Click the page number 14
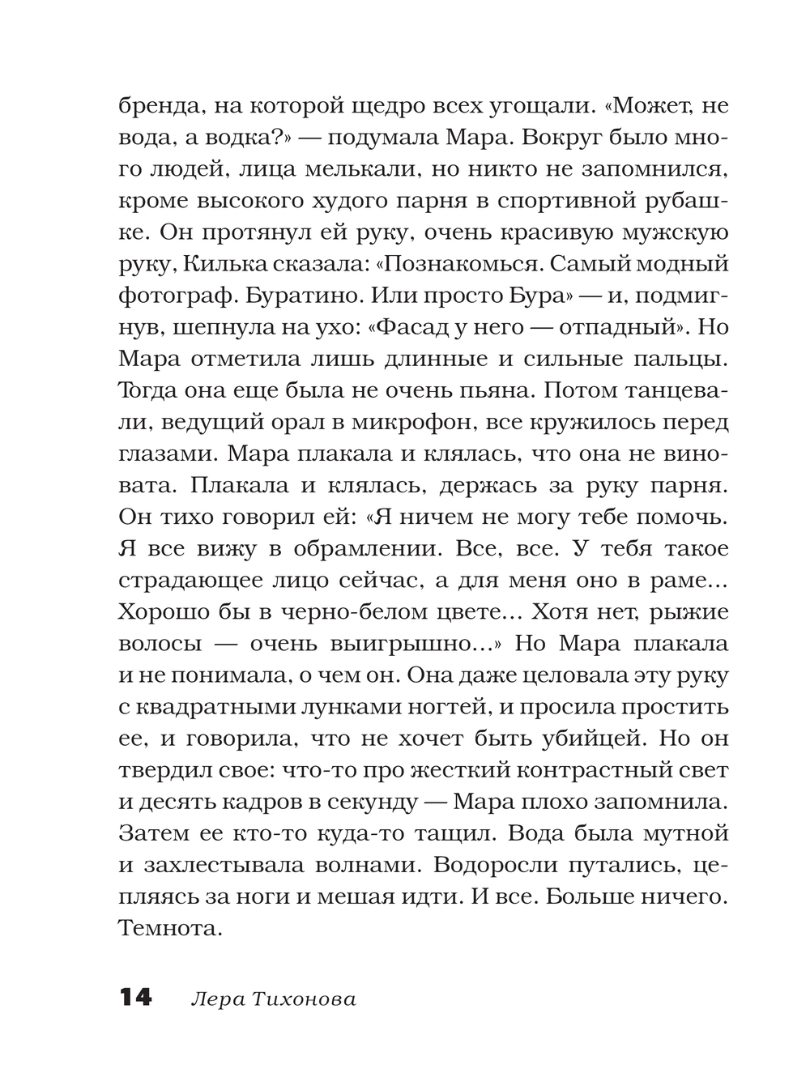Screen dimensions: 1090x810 [x=135, y=998]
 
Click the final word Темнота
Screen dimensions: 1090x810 [x=170, y=927]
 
